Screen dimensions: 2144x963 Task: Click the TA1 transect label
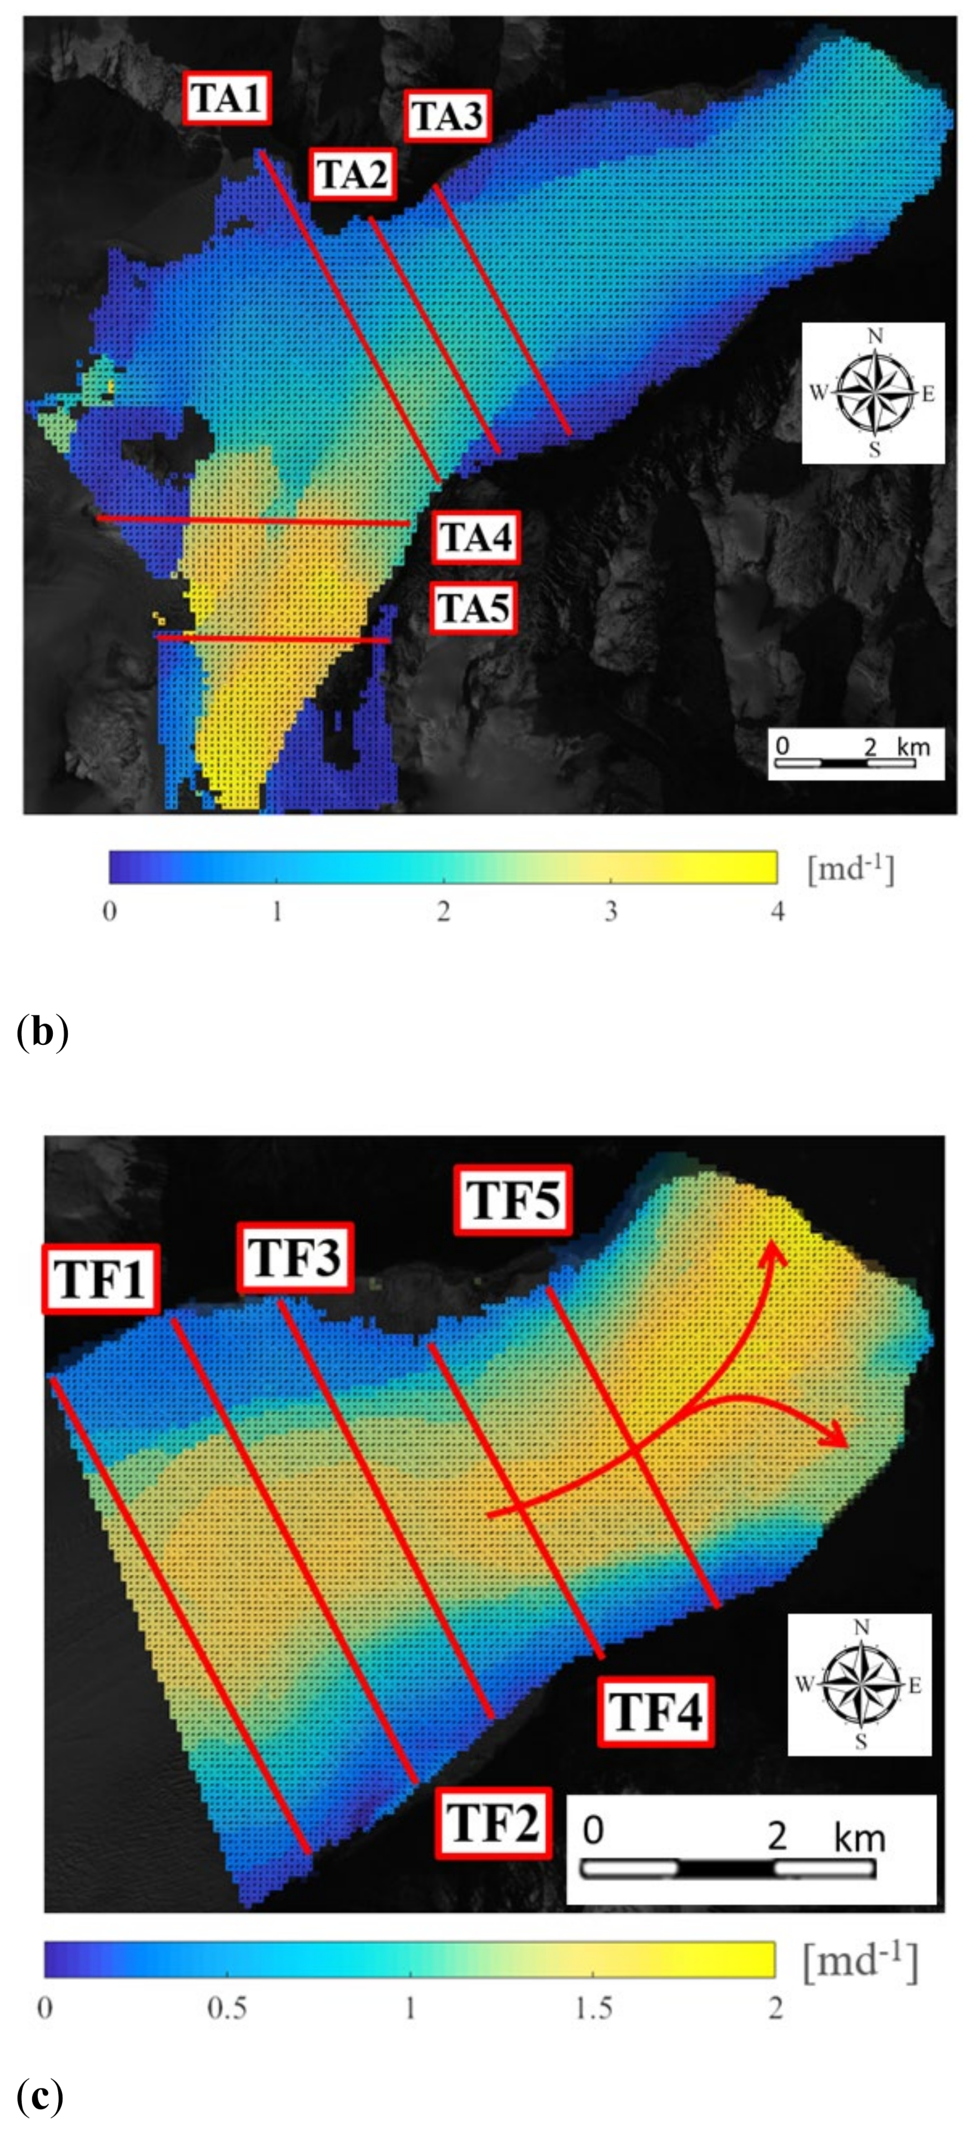(x=227, y=99)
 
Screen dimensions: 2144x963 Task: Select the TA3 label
(x=447, y=115)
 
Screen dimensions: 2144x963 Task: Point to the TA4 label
(x=474, y=537)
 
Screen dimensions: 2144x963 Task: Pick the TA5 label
(x=473, y=608)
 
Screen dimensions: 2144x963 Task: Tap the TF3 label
(x=295, y=1257)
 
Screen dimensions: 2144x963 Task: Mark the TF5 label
(x=513, y=1200)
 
